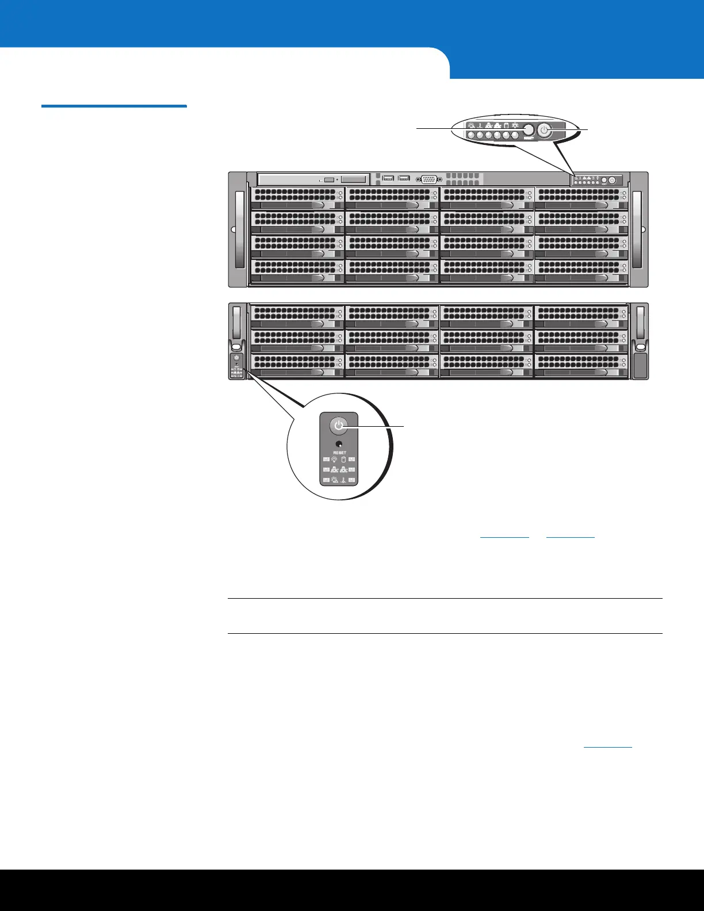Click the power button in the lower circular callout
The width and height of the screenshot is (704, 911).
point(339,426)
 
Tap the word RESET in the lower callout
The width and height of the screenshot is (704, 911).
point(339,453)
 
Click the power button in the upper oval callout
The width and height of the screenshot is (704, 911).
point(545,132)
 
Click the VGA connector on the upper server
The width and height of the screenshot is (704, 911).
point(428,179)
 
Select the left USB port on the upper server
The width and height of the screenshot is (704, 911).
point(387,178)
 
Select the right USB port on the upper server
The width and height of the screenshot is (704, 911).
point(404,178)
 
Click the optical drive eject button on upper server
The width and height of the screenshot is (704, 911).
point(329,180)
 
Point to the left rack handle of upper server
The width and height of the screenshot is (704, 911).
point(239,229)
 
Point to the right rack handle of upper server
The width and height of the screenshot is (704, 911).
point(637,229)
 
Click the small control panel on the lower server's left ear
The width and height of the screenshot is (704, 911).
point(236,366)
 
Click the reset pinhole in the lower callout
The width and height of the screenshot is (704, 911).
point(339,444)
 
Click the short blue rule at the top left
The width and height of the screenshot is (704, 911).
point(114,106)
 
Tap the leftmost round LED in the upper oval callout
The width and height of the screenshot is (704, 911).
point(470,136)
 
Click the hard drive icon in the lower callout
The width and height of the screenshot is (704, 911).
point(344,460)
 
